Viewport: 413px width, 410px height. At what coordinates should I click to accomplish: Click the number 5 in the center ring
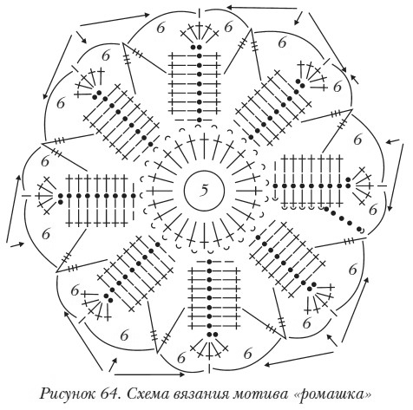click(205, 190)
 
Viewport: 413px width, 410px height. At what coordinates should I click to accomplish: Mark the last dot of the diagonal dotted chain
click(360, 230)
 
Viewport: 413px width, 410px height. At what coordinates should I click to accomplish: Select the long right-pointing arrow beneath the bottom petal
click(149, 374)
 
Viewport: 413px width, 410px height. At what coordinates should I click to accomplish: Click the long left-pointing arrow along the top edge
click(262, 7)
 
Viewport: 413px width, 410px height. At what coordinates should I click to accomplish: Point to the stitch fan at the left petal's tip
click(46, 196)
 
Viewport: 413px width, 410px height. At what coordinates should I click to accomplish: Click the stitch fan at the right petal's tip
click(362, 185)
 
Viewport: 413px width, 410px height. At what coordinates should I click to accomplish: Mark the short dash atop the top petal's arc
click(200, 13)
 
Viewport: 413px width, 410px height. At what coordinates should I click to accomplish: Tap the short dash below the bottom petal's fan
click(209, 368)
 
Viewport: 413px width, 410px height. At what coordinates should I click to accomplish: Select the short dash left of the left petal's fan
click(27, 196)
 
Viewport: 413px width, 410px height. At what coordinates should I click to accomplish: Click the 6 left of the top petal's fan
click(161, 28)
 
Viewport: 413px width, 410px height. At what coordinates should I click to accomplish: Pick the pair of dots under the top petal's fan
click(196, 47)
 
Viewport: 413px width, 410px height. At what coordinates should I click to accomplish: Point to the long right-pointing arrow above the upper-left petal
click(115, 20)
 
